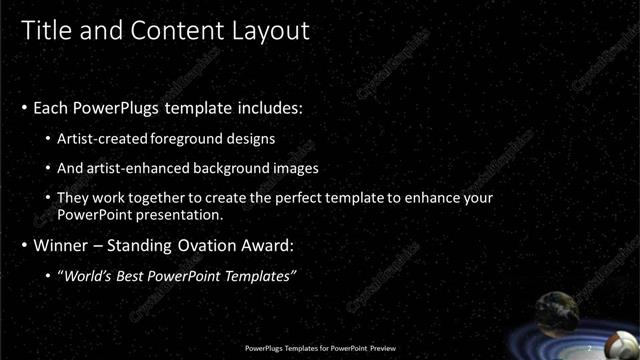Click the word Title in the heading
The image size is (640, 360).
click(43, 31)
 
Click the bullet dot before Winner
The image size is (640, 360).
click(25, 246)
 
